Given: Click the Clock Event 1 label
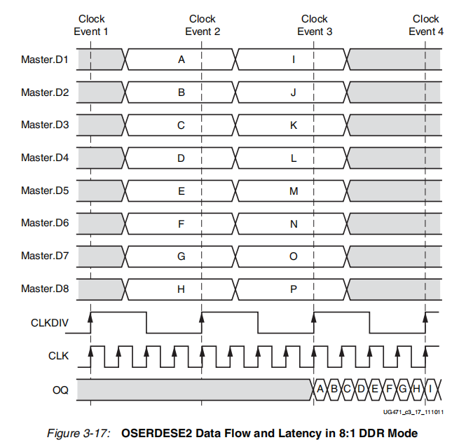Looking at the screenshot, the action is point(91,25).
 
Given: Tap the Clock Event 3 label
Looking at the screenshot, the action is point(315,25).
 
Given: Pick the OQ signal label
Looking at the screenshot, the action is point(60,389).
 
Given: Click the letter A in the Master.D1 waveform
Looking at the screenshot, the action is point(181,60).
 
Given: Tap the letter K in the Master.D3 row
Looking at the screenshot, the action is point(294,125).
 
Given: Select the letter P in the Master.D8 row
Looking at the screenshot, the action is point(294,289).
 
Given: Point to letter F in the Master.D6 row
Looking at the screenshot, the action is point(181,224).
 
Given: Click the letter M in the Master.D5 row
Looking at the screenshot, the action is point(294,191).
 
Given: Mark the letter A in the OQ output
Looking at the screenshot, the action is point(320,389).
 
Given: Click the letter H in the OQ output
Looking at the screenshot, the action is point(417,389).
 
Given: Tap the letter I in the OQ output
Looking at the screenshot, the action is point(431,389).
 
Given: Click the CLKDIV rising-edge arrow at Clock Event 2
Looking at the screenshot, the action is point(202,317).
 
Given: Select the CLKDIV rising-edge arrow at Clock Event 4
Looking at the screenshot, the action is point(425,317).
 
